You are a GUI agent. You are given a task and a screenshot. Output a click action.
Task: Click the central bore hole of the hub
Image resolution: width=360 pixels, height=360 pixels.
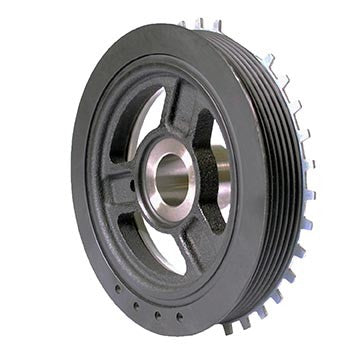click(x=171, y=179)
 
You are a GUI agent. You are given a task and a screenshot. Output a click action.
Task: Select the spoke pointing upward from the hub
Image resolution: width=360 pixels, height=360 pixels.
click(x=181, y=106)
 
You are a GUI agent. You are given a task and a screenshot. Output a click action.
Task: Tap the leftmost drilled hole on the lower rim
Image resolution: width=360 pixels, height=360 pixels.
click(x=116, y=291)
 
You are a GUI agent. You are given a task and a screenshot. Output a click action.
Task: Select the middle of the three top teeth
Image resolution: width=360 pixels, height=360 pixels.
click(x=199, y=22)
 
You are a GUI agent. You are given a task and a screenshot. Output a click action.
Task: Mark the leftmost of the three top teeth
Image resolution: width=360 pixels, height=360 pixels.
click(x=182, y=23)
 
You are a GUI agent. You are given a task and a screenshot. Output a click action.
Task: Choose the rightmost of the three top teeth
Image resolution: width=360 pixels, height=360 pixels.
click(x=217, y=22)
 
